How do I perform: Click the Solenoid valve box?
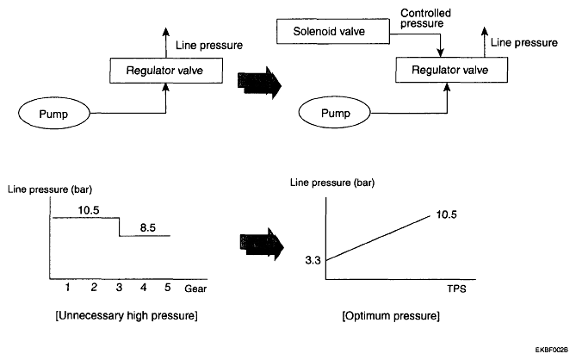tap(333, 32)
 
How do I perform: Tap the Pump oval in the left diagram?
tap(54, 114)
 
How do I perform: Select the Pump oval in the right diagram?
tap(334, 113)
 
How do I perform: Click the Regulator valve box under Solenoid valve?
tap(451, 70)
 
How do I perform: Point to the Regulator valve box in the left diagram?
tap(166, 70)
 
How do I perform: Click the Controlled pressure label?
tap(425, 18)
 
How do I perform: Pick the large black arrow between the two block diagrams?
tap(259, 83)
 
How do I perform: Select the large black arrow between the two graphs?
tap(262, 245)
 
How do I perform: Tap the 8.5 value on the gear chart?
tap(148, 227)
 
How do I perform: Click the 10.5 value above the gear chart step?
tap(89, 210)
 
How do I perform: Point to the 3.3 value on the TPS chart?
tap(313, 260)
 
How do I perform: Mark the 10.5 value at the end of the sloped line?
tap(446, 214)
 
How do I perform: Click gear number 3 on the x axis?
tap(119, 288)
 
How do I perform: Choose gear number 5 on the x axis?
tap(168, 288)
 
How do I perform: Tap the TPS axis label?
tap(456, 289)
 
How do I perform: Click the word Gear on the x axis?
tap(195, 289)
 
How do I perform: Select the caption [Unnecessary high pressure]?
tap(127, 315)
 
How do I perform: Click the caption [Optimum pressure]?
tap(391, 316)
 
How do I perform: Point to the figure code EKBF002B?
tap(551, 349)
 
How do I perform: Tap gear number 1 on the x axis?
tap(68, 288)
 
